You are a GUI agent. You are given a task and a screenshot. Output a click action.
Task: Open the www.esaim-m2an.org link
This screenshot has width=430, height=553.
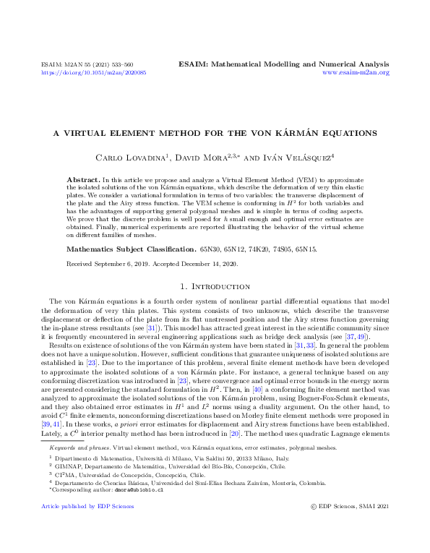coord(356,73)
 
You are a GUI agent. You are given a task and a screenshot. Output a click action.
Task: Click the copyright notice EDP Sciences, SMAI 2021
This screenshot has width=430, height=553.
coord(353,506)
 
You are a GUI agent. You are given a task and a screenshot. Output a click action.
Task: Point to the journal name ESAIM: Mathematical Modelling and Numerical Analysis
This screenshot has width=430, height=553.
coord(283,64)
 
